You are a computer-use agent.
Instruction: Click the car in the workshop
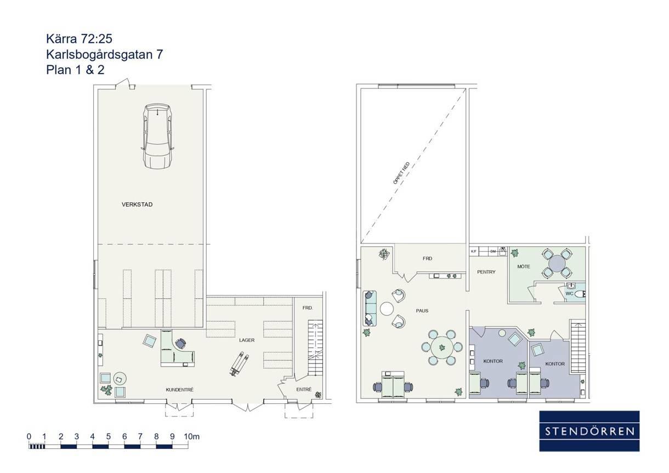click(157, 136)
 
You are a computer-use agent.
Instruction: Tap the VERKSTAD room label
click(137, 204)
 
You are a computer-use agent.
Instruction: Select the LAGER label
click(247, 340)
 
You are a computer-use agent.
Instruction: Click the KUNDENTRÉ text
click(180, 390)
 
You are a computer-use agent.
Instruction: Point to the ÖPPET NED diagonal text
click(401, 173)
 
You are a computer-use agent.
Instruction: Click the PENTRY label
click(486, 272)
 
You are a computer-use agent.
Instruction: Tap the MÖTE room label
click(524, 266)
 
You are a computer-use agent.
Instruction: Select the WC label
click(569, 293)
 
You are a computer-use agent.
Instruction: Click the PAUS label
click(422, 311)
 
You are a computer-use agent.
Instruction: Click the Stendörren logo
click(589, 431)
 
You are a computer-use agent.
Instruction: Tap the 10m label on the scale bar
click(191, 436)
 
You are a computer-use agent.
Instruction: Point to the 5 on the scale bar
click(109, 436)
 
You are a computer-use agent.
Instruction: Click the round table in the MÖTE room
click(557, 263)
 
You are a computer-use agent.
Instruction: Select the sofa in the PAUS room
click(370, 308)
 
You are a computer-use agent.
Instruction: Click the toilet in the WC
click(580, 294)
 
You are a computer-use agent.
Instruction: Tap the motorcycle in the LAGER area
click(239, 363)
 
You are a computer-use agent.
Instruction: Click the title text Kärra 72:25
click(79, 38)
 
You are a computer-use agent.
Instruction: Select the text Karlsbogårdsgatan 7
click(105, 54)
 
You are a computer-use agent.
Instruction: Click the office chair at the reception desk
click(180, 343)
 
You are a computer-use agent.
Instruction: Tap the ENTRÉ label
click(304, 389)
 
